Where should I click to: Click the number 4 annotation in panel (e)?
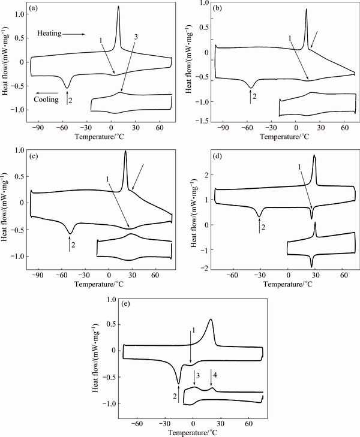215,375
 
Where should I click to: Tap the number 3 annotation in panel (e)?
196,375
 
